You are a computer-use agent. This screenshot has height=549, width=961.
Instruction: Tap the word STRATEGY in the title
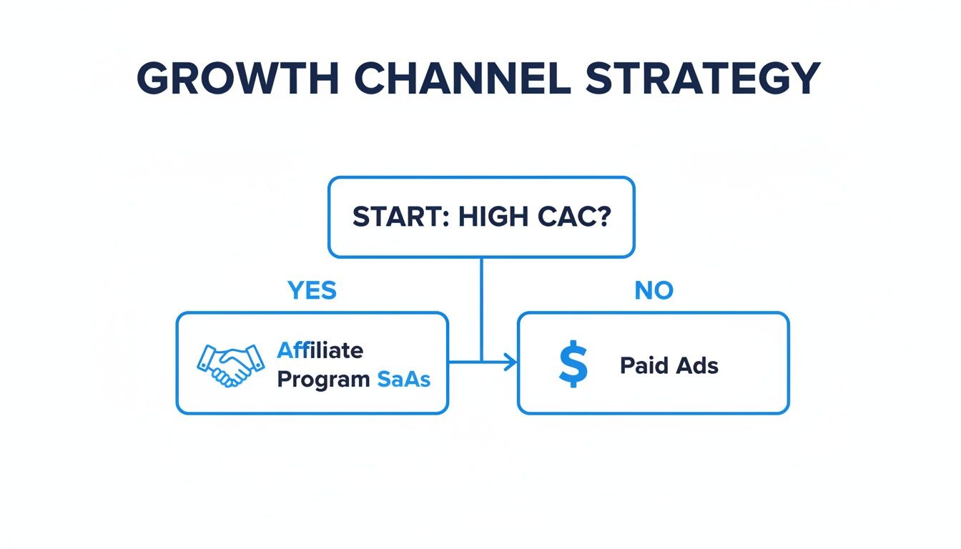click(x=702, y=79)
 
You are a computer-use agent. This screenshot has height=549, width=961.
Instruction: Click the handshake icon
click(x=225, y=365)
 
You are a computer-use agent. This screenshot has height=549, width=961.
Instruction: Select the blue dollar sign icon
click(x=573, y=365)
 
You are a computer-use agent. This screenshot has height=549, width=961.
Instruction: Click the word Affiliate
click(x=320, y=350)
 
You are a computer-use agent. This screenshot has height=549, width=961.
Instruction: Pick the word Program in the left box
click(x=322, y=379)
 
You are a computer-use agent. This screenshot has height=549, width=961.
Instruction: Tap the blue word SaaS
click(x=403, y=379)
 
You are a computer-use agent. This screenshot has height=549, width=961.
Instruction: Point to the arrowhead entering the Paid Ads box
click(x=511, y=363)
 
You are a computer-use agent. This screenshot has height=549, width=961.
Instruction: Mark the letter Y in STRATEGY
click(x=803, y=79)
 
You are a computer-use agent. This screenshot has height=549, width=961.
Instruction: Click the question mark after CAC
click(x=603, y=217)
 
